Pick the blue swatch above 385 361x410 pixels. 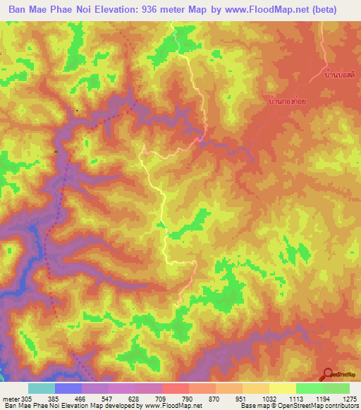(68, 388)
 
